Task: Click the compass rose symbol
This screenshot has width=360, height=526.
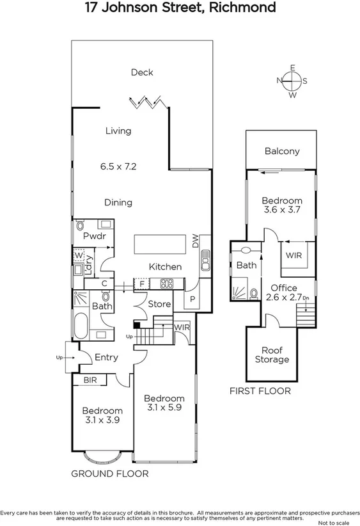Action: click(292, 81)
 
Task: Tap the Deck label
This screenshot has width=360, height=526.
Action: click(142, 72)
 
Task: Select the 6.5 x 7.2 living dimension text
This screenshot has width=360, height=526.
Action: click(118, 166)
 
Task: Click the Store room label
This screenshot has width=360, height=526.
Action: click(160, 305)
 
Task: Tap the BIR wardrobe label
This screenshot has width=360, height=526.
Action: click(90, 379)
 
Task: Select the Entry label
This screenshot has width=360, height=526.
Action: click(106, 357)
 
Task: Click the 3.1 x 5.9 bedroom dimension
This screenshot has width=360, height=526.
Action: click(164, 408)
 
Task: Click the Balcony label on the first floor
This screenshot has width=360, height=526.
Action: click(282, 152)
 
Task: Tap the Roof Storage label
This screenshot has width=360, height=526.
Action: click(272, 355)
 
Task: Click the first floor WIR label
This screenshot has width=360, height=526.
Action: click(294, 255)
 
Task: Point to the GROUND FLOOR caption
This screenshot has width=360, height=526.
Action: click(109, 474)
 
